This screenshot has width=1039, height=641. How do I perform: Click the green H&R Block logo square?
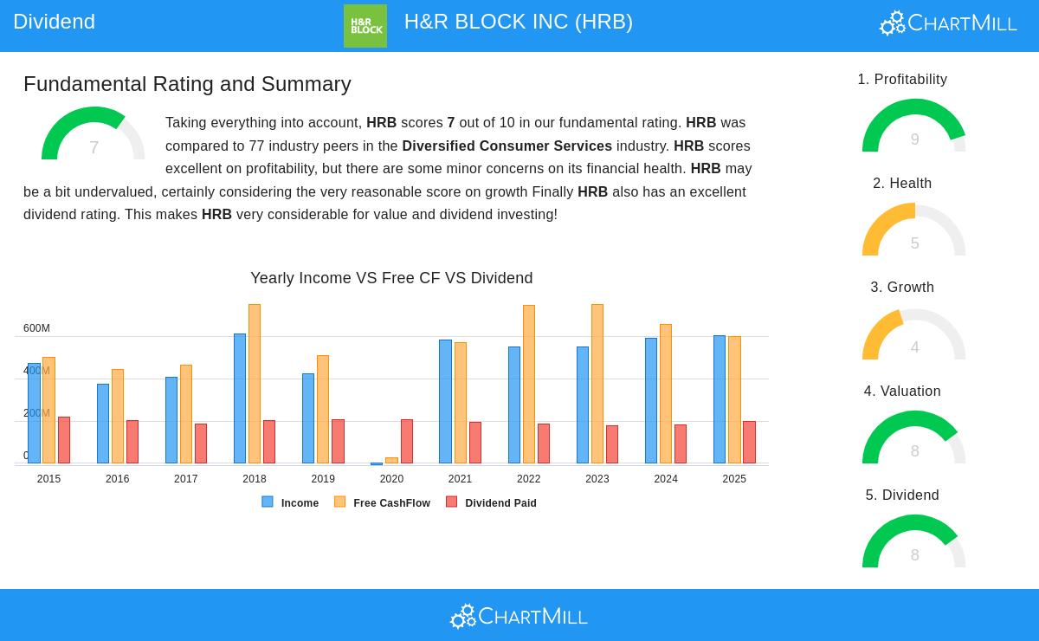[x=365, y=26]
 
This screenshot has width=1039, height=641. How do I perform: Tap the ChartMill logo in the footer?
[x=519, y=616]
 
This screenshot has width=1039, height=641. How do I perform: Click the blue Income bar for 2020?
[x=377, y=463]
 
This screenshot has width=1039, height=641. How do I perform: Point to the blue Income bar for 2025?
[x=720, y=399]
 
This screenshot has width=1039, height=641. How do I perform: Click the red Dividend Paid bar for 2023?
[x=612, y=444]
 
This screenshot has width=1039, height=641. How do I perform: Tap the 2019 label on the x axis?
[x=323, y=479]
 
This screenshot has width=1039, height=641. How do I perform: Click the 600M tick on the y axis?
[x=36, y=328]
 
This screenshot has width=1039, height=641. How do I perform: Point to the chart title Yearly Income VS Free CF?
[x=391, y=278]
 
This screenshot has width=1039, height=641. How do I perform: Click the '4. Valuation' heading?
[x=902, y=392]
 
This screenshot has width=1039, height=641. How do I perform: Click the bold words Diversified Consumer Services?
[x=507, y=146]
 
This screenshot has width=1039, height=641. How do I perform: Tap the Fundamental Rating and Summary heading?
[x=187, y=84]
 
